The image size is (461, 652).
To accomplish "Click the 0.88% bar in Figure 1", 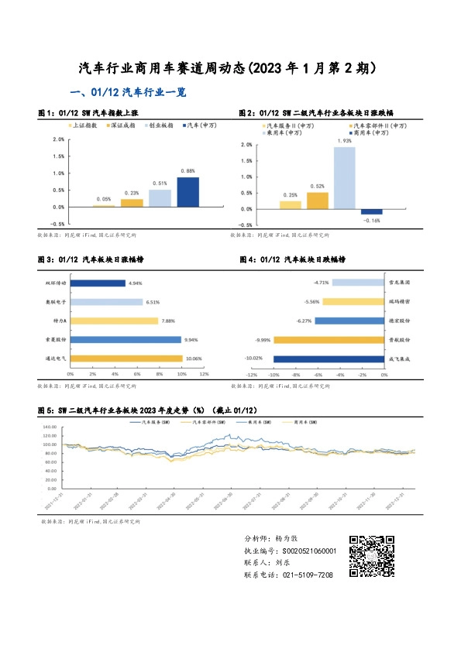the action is coord(187,192).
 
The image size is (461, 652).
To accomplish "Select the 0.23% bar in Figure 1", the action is coord(132,203).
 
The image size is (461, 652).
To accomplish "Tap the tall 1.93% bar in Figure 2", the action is coord(345,178).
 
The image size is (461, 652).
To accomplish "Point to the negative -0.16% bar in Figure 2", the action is coord(372,212).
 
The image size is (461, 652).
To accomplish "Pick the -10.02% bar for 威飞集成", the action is coord(329,359).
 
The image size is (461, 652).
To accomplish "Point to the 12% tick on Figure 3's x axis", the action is coord(205,374).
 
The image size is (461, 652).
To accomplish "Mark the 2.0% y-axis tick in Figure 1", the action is coord(58,139).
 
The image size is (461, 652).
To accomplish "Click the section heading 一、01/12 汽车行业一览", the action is coord(128,92).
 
